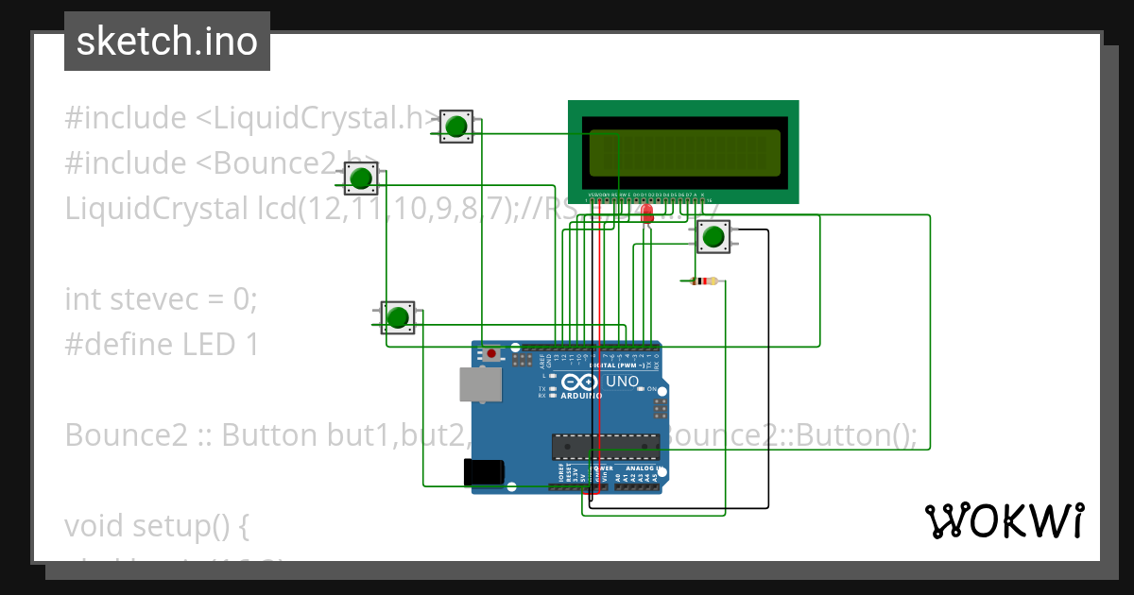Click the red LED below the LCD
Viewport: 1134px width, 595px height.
[x=647, y=213]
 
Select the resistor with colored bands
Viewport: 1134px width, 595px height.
[x=699, y=280]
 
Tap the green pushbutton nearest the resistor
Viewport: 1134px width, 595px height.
[x=714, y=236]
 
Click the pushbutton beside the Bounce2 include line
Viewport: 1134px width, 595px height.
[x=360, y=177]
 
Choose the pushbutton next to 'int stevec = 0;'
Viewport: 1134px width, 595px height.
[x=398, y=316]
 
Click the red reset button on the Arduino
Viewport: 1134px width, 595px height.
[x=490, y=353]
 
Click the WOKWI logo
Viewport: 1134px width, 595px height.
[x=1004, y=520]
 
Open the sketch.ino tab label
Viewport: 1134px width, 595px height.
[x=167, y=42]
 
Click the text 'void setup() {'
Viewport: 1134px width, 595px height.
[x=156, y=525]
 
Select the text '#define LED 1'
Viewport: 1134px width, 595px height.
[x=162, y=344]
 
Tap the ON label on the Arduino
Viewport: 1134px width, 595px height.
[x=652, y=389]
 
